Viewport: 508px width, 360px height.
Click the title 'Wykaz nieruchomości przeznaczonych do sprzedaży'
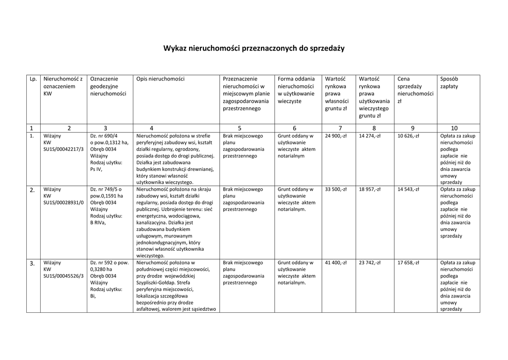click(254, 49)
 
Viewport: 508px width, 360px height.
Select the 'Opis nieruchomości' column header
click(160, 79)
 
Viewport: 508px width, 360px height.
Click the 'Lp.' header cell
click(33, 79)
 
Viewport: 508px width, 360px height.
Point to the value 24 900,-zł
click(336, 136)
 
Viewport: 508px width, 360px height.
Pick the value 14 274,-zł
click(370, 136)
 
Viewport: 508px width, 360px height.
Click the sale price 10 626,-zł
click(408, 136)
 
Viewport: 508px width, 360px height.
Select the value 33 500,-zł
click(336, 189)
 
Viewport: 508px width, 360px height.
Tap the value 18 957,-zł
click(370, 189)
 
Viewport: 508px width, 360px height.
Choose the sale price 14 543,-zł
click(408, 189)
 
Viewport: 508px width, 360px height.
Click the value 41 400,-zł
click(336, 263)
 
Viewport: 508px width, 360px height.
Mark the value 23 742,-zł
click(370, 263)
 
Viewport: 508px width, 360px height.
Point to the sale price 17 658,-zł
click(408, 263)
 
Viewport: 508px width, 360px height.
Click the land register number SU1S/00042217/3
click(63, 149)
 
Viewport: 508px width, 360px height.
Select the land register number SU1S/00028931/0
click(63, 203)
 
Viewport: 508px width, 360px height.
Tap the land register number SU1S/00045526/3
click(63, 276)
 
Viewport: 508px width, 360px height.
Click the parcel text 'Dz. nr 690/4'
click(104, 136)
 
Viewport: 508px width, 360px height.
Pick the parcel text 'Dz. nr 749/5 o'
click(106, 189)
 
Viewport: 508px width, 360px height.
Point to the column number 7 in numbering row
click(340, 128)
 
